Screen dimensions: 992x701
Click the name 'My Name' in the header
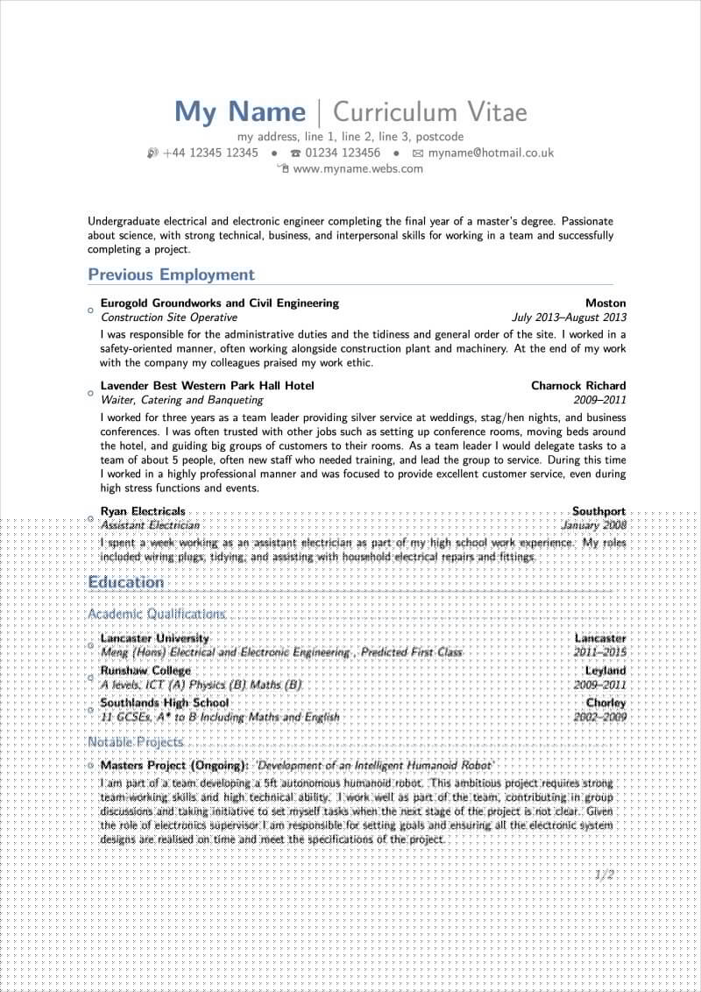pyautogui.click(x=240, y=112)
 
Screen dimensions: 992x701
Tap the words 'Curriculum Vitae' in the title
pyautogui.click(x=429, y=112)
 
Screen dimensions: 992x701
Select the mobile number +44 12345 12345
pyautogui.click(x=210, y=153)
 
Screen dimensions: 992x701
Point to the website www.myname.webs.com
pyautogui.click(x=358, y=168)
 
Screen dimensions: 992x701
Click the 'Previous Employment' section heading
pyautogui.click(x=171, y=275)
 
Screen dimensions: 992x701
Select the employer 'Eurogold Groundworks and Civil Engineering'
pyautogui.click(x=219, y=303)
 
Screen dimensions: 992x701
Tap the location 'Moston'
pyautogui.click(x=605, y=303)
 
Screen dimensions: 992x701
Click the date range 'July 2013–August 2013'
pyautogui.click(x=569, y=318)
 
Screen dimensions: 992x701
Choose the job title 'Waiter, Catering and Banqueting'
pyautogui.click(x=181, y=400)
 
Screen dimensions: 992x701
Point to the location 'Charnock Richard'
pyautogui.click(x=578, y=385)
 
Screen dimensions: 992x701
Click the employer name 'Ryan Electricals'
pyautogui.click(x=143, y=510)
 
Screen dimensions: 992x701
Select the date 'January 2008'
pyautogui.click(x=594, y=525)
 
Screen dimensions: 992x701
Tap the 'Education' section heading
pyautogui.click(x=126, y=582)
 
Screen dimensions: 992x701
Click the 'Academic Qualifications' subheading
pyautogui.click(x=157, y=614)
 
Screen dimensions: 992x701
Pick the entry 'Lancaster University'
pyautogui.click(x=155, y=638)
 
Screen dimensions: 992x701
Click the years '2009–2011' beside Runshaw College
pyautogui.click(x=600, y=685)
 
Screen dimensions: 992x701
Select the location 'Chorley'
pyautogui.click(x=605, y=703)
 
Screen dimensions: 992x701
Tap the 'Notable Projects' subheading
pyautogui.click(x=136, y=742)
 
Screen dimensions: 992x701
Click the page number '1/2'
pyautogui.click(x=604, y=874)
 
